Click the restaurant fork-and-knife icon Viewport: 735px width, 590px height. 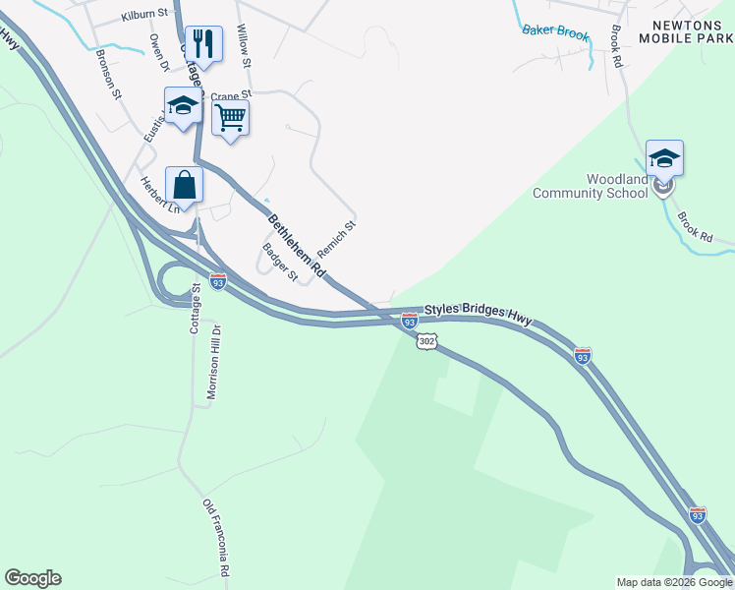pyautogui.click(x=203, y=43)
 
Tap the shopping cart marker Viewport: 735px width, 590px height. pyautogui.click(x=230, y=118)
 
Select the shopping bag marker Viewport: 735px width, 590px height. pyautogui.click(x=184, y=184)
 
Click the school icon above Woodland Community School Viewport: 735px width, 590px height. pyautogui.click(x=664, y=158)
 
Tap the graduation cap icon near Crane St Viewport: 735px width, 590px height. pyautogui.click(x=183, y=106)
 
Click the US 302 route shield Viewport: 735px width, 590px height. pyautogui.click(x=424, y=340)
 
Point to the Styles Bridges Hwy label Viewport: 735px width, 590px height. pyautogui.click(x=478, y=313)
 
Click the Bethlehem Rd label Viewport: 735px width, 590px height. pyautogui.click(x=297, y=245)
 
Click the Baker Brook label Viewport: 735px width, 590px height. pyautogui.click(x=555, y=32)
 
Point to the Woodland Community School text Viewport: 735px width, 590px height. pyautogui.click(x=590, y=186)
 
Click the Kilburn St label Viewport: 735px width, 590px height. pyautogui.click(x=145, y=17)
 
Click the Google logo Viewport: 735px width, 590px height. pyautogui.click(x=32, y=578)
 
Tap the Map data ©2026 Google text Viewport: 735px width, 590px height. pyautogui.click(x=673, y=582)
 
